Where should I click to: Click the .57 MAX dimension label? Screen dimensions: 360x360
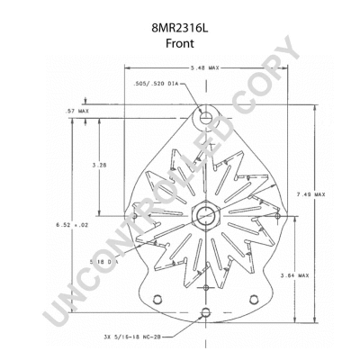pyautogui.click(x=76, y=111)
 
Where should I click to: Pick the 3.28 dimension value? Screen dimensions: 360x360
pyautogui.click(x=100, y=166)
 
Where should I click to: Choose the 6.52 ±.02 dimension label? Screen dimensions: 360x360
pyautogui.click(x=72, y=223)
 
